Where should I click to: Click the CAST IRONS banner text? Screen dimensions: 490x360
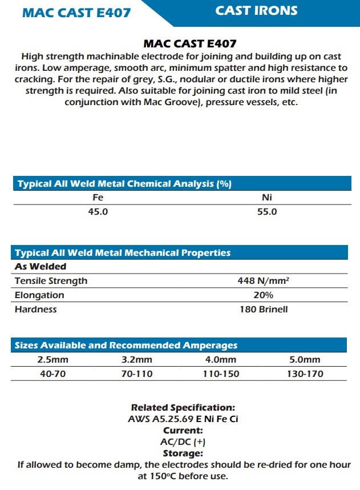tap(256, 11)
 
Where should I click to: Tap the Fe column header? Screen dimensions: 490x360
tap(98, 198)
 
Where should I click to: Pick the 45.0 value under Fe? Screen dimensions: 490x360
tap(98, 212)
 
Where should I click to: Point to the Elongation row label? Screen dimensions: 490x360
tap(39, 295)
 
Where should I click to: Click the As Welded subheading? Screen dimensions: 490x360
tap(41, 266)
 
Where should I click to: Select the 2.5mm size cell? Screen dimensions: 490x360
tap(52, 360)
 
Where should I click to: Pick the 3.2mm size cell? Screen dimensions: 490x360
tap(137, 360)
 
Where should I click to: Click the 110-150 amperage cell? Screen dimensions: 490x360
tap(221, 374)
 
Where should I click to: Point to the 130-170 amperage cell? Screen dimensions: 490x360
tap(305, 374)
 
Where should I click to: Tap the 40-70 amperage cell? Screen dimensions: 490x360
tap(52, 374)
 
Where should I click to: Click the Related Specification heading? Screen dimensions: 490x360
tap(183, 408)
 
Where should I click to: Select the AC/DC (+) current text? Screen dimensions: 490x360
tap(183, 441)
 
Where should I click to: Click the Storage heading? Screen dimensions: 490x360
tap(183, 453)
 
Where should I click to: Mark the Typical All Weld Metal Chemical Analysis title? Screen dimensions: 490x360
tap(124, 184)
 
